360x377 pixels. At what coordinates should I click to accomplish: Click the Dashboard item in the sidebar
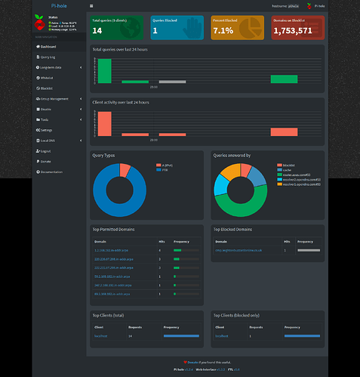point(50,46)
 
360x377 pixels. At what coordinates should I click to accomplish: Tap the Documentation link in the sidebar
point(51,172)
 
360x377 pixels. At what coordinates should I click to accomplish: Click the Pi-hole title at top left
point(58,5)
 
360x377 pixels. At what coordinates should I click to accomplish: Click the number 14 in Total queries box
point(97,31)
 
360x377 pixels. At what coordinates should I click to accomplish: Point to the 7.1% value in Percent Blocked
point(223,31)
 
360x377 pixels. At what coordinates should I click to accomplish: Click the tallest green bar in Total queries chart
point(104,70)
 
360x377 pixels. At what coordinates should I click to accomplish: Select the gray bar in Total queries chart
point(172,81)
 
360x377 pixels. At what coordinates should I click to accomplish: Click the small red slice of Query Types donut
point(125,170)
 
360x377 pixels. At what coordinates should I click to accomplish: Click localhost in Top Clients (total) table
point(102,334)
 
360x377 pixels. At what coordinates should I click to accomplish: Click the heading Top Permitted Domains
point(113,229)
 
